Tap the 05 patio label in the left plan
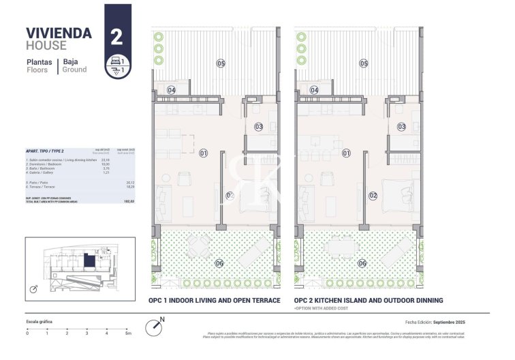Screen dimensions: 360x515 point(221,63)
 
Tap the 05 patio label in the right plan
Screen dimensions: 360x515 point(364,63)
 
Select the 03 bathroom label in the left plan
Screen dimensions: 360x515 point(259,127)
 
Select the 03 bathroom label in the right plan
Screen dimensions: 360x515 point(402,127)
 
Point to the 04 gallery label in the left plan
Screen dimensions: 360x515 point(171,90)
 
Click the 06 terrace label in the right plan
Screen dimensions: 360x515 point(362,263)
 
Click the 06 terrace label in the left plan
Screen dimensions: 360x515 point(219,263)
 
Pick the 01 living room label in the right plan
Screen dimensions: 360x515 point(346,153)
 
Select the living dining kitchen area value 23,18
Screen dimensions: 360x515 point(105,160)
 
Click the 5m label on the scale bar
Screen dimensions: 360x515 point(128,333)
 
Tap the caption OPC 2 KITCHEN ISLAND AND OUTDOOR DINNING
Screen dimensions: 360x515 point(369,300)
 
